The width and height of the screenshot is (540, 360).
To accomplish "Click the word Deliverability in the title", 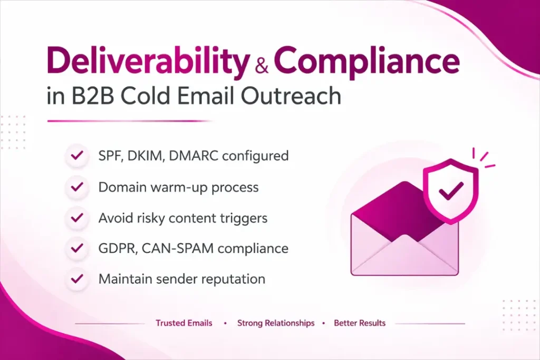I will click(147, 63).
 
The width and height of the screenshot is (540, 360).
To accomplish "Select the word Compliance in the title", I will click(367, 63).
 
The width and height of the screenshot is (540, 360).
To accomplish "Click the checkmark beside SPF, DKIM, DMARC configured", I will click(78, 155).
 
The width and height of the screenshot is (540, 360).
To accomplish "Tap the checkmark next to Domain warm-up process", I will click(78, 187).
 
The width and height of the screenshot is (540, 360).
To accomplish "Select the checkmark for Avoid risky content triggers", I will click(78, 217).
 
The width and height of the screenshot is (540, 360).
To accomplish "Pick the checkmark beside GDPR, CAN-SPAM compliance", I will click(78, 248).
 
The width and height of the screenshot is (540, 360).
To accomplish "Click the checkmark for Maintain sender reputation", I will click(78, 279).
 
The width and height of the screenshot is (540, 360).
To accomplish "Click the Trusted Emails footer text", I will click(184, 323).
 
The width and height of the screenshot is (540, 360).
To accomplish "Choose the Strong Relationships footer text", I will click(276, 323).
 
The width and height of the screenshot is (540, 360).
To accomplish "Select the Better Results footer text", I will click(360, 323).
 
